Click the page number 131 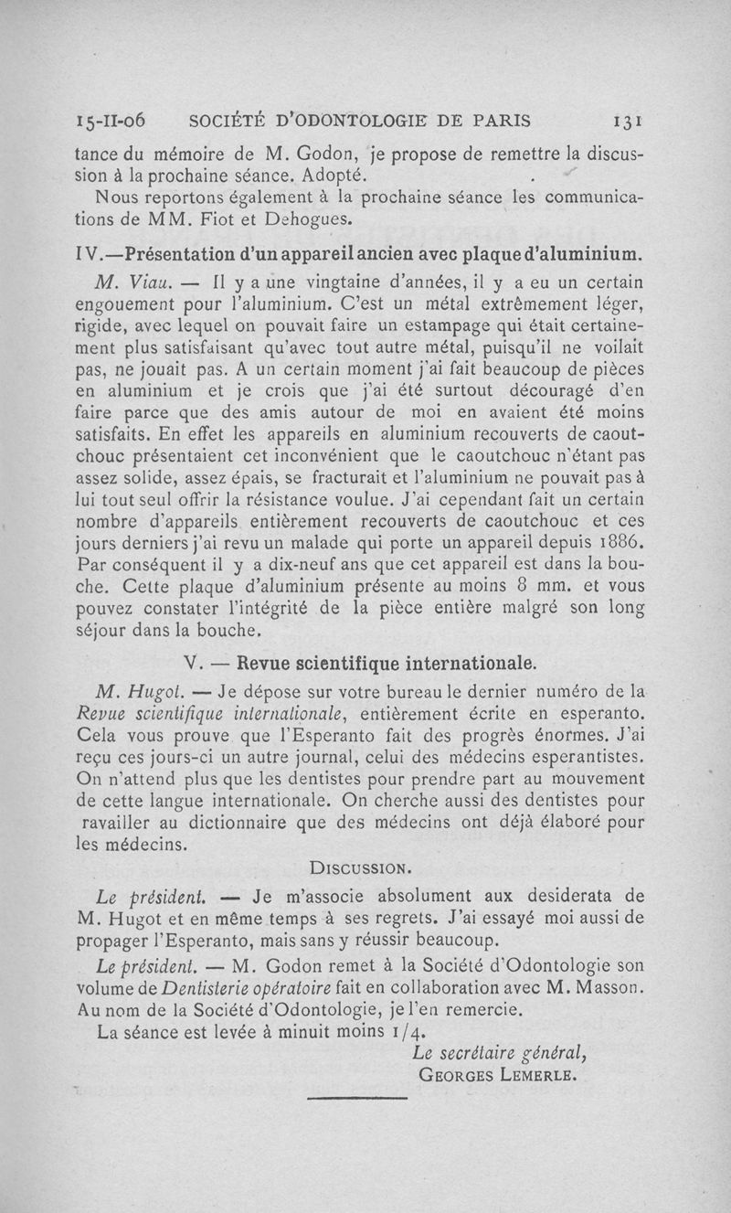(631, 122)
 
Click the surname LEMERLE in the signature (538, 1075)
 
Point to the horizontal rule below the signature (356, 1099)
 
